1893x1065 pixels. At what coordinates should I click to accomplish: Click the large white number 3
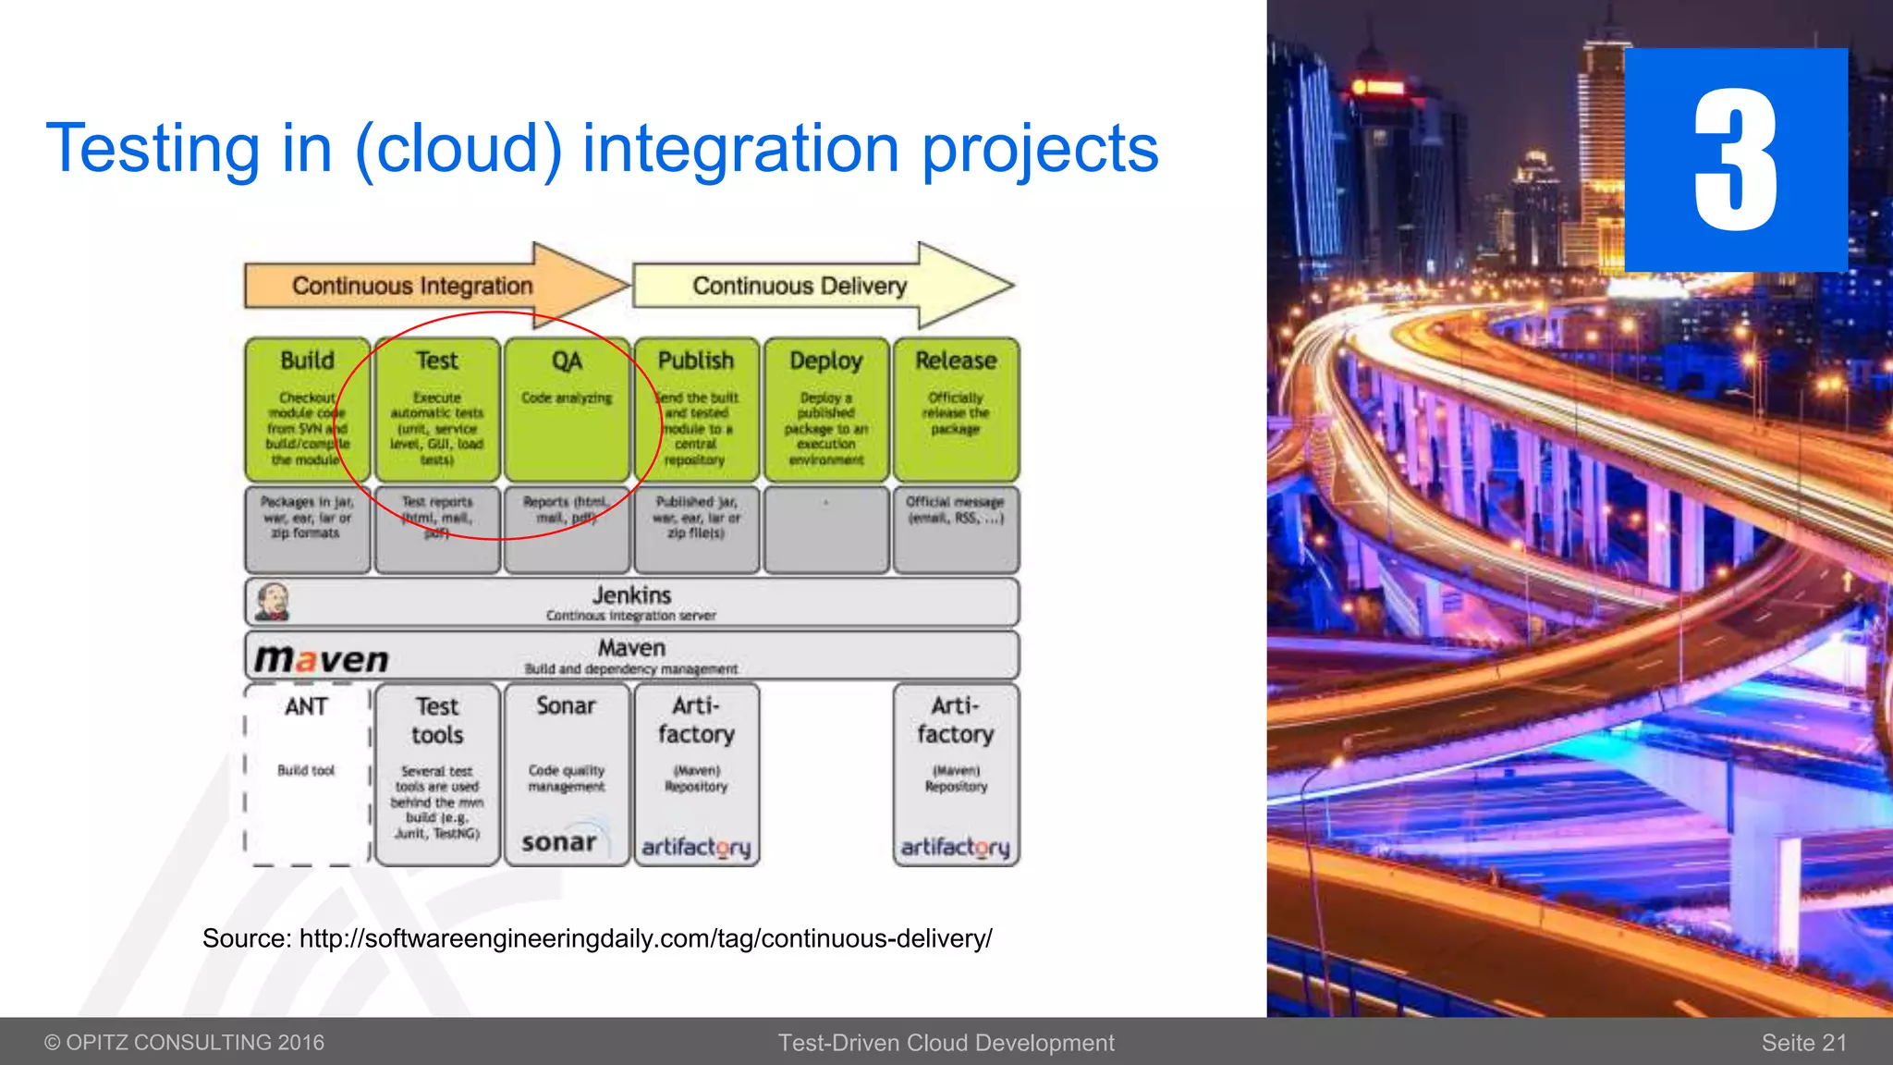click(x=1735, y=160)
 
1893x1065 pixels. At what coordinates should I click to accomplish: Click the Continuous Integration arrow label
click(x=412, y=287)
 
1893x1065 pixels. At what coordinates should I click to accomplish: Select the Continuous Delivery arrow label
click(x=800, y=287)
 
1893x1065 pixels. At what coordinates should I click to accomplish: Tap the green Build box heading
click(x=308, y=361)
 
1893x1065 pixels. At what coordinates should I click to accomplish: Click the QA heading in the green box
click(x=567, y=361)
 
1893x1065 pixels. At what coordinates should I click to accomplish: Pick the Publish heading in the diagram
click(x=696, y=361)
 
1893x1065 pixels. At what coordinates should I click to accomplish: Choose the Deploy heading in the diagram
click(x=826, y=361)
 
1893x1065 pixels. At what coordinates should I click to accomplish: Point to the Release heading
click(x=956, y=361)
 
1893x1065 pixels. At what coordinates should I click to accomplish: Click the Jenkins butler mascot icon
click(x=273, y=602)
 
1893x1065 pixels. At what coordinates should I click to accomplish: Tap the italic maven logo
click(x=322, y=659)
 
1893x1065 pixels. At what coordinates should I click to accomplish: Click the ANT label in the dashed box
click(x=306, y=707)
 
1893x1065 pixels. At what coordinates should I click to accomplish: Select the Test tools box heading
click(x=437, y=721)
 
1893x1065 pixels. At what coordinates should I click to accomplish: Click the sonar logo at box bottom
click(x=559, y=842)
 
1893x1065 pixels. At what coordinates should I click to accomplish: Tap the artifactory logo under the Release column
click(x=955, y=847)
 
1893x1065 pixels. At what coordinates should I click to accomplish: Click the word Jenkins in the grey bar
click(x=631, y=595)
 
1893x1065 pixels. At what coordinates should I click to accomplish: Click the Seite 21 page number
click(x=1803, y=1043)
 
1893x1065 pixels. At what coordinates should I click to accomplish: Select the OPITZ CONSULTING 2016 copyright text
click(x=185, y=1043)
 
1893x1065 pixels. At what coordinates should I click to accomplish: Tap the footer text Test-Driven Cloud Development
click(x=946, y=1043)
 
